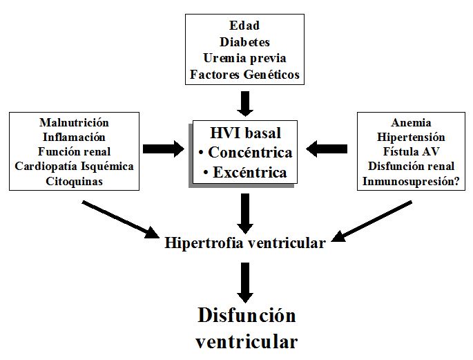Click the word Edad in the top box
[x=244, y=26]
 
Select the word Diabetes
[x=244, y=41]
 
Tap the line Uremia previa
[x=244, y=58]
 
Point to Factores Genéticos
[x=244, y=75]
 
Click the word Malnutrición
[x=75, y=122]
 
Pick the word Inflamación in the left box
[x=75, y=137]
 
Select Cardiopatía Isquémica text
[x=75, y=167]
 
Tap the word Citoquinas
[x=75, y=181]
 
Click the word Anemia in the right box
[x=411, y=122]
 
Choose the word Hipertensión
[x=411, y=137]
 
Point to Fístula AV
[x=411, y=151]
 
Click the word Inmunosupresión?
[x=411, y=181]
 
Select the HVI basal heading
[x=245, y=133]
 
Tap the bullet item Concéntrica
[x=245, y=152]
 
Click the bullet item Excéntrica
[x=245, y=172]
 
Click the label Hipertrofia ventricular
[x=245, y=243]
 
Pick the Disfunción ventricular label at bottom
[x=247, y=328]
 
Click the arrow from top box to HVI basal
[x=246, y=103]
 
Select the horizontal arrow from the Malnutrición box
[x=163, y=148]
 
